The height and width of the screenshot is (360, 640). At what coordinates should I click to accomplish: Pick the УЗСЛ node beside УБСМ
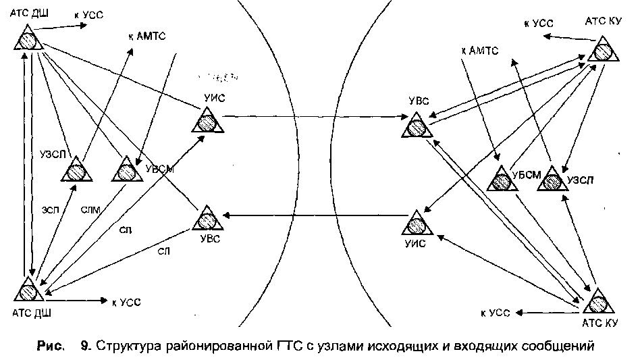tap(552, 179)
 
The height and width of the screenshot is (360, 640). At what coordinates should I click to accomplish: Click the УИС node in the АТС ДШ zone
tap(204, 121)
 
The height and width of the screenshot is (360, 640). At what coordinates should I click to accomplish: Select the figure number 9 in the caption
tap(85, 347)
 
